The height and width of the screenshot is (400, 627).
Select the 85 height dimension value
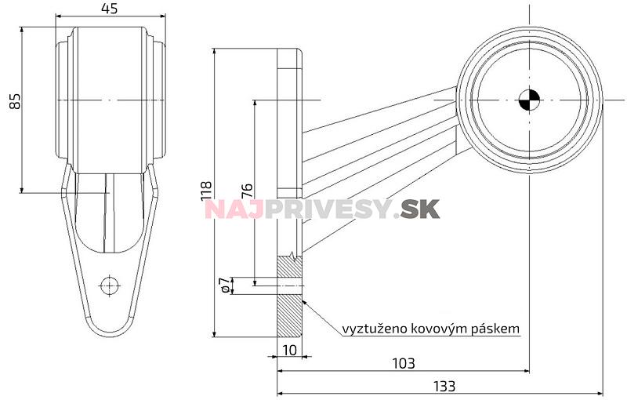pos(14,100)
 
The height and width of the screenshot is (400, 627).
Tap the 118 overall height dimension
pos(206,191)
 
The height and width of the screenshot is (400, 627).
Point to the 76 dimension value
pos(247,191)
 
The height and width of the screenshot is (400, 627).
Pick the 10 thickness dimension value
pos(289,350)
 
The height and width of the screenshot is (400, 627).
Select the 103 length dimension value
pos(402,363)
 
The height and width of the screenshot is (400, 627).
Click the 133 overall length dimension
pos(443,386)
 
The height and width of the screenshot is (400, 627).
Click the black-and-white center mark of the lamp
pos(530,100)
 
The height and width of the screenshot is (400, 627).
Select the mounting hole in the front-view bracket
pos(110,284)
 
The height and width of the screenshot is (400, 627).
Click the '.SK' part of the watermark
pos(419,209)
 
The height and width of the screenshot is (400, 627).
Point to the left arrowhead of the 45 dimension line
pos(59,16)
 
